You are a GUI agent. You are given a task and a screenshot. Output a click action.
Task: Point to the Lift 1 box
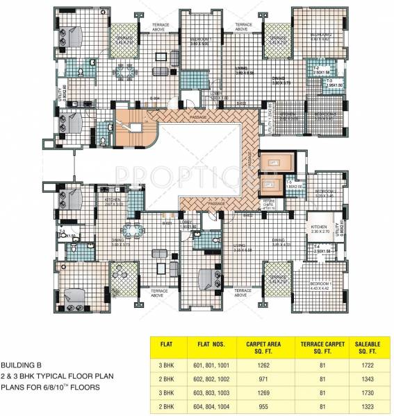(273, 161)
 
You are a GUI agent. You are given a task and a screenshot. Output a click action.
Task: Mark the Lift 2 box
(270, 185)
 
